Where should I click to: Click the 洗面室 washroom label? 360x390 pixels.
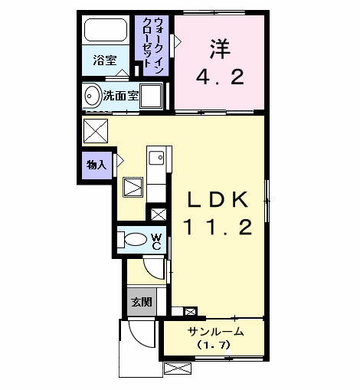point(120,96)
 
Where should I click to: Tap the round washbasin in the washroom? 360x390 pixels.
point(92,97)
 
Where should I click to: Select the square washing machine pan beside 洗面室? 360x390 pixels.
point(152,97)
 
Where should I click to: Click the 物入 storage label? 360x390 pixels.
point(96,163)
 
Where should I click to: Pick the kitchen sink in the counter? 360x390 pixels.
point(156,159)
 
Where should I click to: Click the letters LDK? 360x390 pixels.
point(218,201)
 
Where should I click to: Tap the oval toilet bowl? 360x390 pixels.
point(135,240)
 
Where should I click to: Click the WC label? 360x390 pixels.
point(155,241)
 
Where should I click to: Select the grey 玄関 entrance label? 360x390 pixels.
point(139,302)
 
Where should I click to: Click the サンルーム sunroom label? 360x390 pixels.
point(216,332)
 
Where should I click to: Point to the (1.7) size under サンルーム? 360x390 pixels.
point(215,346)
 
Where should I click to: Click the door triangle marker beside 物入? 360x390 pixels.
point(119,162)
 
